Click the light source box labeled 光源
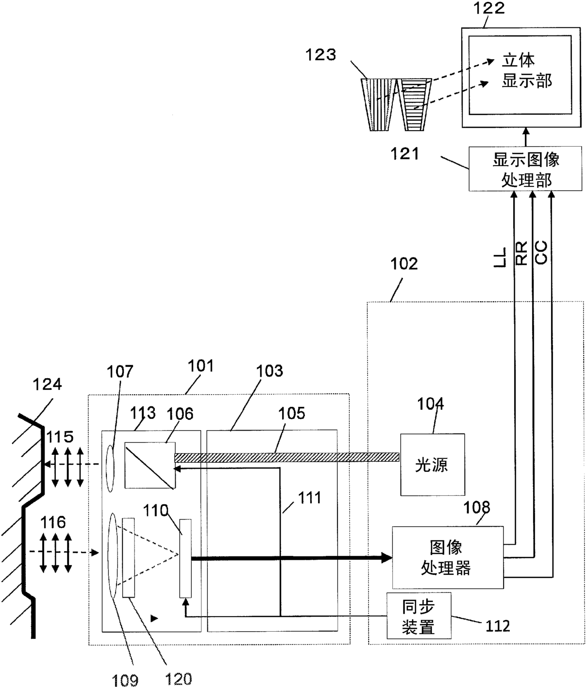433,465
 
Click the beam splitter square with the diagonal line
150,465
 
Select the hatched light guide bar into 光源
287,457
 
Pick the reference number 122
489,9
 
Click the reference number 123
320,54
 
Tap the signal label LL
499,257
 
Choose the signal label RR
521,253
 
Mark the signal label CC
541,253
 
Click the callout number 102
404,264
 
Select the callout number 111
309,498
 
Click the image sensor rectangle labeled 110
186,558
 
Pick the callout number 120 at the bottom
178,679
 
